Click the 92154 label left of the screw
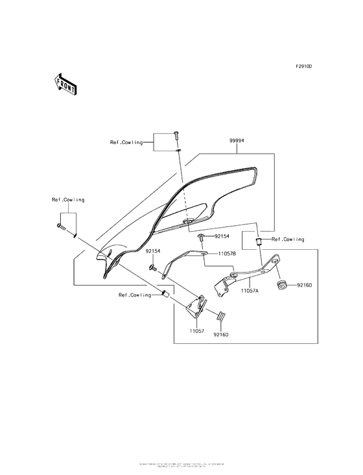(x=154, y=250)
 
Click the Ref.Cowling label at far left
(x=68, y=200)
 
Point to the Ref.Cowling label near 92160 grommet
(x=288, y=239)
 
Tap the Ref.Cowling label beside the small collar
(x=134, y=295)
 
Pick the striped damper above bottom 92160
(x=219, y=316)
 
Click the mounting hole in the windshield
(x=187, y=223)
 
